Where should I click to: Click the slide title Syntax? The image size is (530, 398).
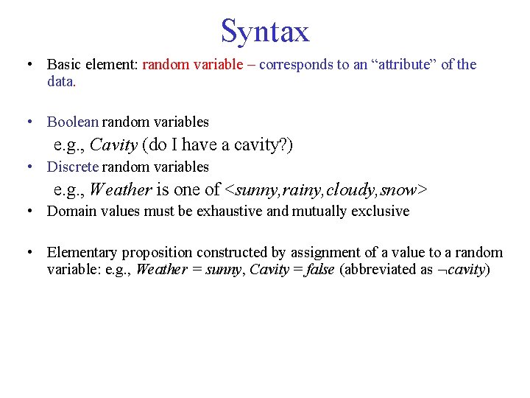[265, 32]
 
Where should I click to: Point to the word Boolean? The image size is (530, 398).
[72, 122]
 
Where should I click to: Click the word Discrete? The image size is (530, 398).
[73, 167]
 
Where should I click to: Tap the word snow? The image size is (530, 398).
[398, 190]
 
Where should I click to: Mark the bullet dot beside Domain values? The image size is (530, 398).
[27, 212]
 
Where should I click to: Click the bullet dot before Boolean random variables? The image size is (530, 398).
[27, 122]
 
